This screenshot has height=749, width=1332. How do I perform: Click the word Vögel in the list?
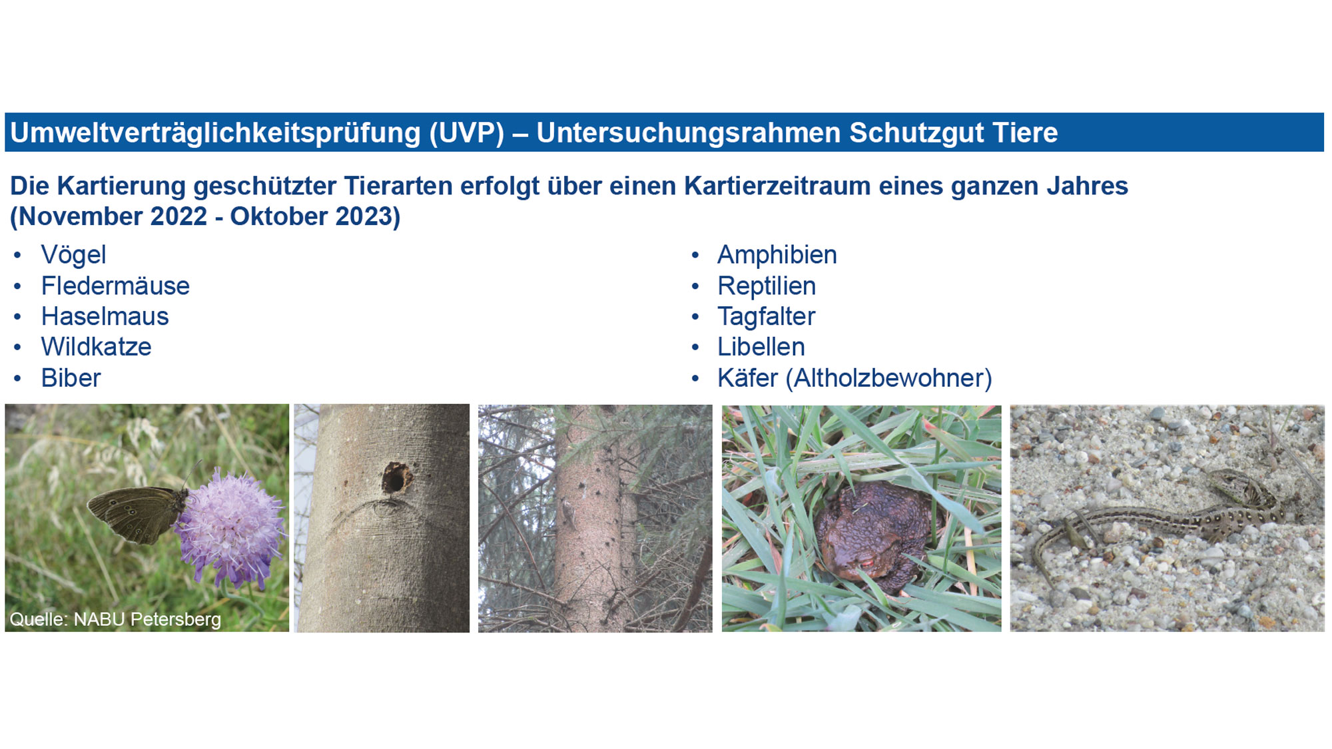(73, 255)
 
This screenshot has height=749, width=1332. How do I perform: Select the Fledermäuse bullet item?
(115, 286)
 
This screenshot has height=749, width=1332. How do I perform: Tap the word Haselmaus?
(105, 316)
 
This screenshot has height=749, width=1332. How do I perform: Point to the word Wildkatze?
(97, 347)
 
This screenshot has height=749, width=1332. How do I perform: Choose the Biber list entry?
(71, 378)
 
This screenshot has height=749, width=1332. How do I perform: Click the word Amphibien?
(777, 255)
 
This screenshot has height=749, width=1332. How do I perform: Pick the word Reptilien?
(767, 286)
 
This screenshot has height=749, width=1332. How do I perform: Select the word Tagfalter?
(767, 317)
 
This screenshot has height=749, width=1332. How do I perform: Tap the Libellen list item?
(761, 347)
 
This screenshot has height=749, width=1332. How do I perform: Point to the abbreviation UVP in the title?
(467, 132)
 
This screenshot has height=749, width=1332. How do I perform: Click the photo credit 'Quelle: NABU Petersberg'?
(115, 619)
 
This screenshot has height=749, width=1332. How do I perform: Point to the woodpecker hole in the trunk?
(396, 478)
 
